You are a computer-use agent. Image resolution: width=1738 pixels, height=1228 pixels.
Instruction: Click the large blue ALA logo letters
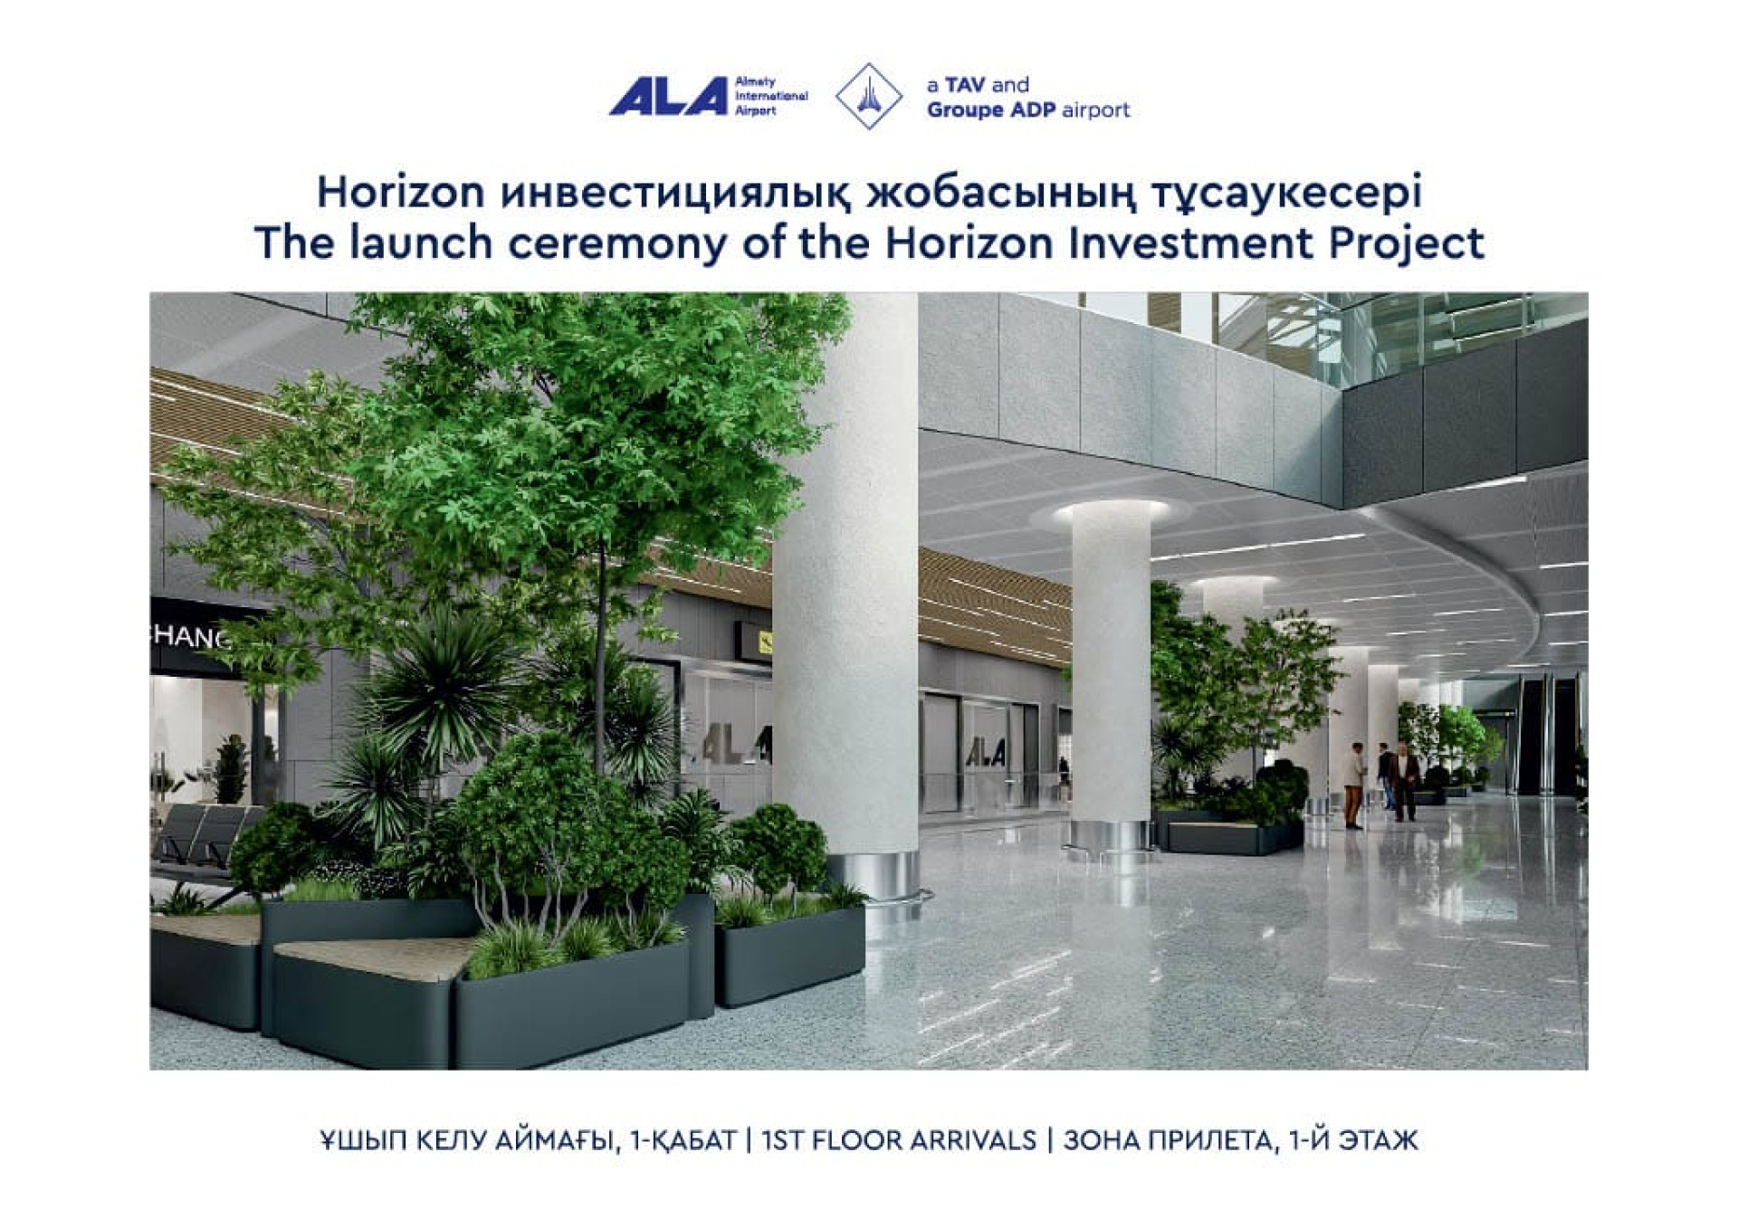pyautogui.click(x=668, y=96)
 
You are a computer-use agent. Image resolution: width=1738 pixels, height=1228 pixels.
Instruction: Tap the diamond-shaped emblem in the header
pyautogui.click(x=868, y=96)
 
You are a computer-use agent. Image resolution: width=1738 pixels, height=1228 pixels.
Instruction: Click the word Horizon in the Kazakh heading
pyautogui.click(x=401, y=192)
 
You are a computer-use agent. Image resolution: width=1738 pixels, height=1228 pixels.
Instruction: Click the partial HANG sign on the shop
pyautogui.click(x=189, y=637)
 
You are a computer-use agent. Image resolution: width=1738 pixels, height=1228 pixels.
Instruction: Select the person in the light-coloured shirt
pyautogui.click(x=1353, y=784)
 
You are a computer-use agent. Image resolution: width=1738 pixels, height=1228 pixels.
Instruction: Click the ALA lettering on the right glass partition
pyautogui.click(x=986, y=751)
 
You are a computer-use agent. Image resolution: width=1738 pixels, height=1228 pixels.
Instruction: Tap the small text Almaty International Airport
pyautogui.click(x=770, y=96)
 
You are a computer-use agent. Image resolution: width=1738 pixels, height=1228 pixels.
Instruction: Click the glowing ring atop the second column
pyautogui.click(x=1111, y=513)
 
